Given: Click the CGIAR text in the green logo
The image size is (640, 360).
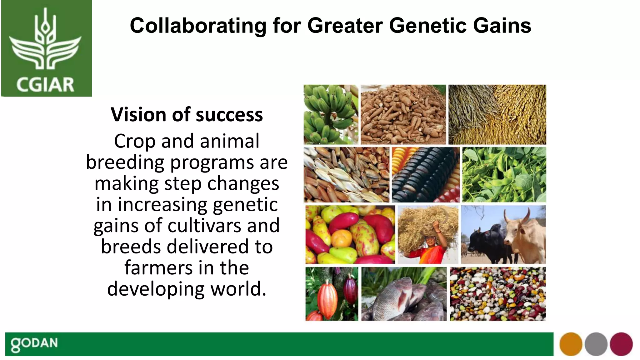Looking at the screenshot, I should [45, 85].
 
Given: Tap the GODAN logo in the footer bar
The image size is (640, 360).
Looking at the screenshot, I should [34, 344].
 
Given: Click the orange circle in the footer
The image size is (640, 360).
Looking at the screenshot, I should [571, 344].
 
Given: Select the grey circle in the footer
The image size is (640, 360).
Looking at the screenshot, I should [596, 344].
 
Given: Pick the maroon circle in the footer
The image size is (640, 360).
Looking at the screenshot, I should [621, 344].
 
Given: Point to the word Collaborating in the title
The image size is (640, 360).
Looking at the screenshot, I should [198, 26].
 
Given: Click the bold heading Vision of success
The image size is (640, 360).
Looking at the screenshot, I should [187, 115].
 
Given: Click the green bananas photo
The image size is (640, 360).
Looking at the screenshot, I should [331, 114].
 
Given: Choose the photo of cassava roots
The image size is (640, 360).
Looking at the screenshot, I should [403, 114].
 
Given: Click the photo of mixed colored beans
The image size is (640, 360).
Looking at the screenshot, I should [498, 294].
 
